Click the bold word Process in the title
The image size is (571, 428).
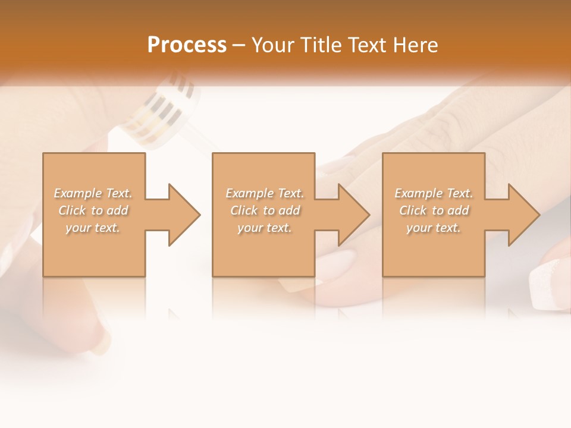pos(187,45)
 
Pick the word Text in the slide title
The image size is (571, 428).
pos(370,45)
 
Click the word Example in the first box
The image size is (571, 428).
pos(77,193)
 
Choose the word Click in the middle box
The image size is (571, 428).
pos(244,210)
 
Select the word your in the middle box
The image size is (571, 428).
pos(250,228)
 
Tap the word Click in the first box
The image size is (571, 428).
pos(73,210)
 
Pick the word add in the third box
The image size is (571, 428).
pos(457,210)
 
